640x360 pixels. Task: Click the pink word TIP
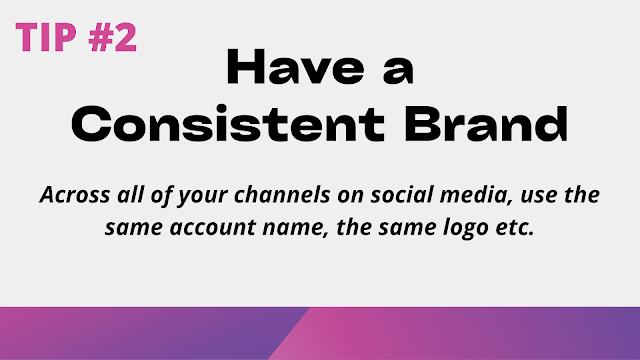click(46, 37)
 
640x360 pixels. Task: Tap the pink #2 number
click(113, 37)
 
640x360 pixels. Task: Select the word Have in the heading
click(296, 67)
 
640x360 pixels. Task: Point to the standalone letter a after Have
click(398, 72)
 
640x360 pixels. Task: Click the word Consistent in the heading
click(228, 124)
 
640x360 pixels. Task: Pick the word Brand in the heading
click(486, 124)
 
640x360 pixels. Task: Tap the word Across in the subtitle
click(75, 195)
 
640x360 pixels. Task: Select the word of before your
click(161, 195)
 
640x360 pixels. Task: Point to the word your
click(202, 197)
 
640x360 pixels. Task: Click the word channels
click(282, 194)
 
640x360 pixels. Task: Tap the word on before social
click(350, 197)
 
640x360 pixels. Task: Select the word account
click(213, 228)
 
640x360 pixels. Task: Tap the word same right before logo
click(407, 229)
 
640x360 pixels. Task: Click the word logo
click(466, 229)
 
